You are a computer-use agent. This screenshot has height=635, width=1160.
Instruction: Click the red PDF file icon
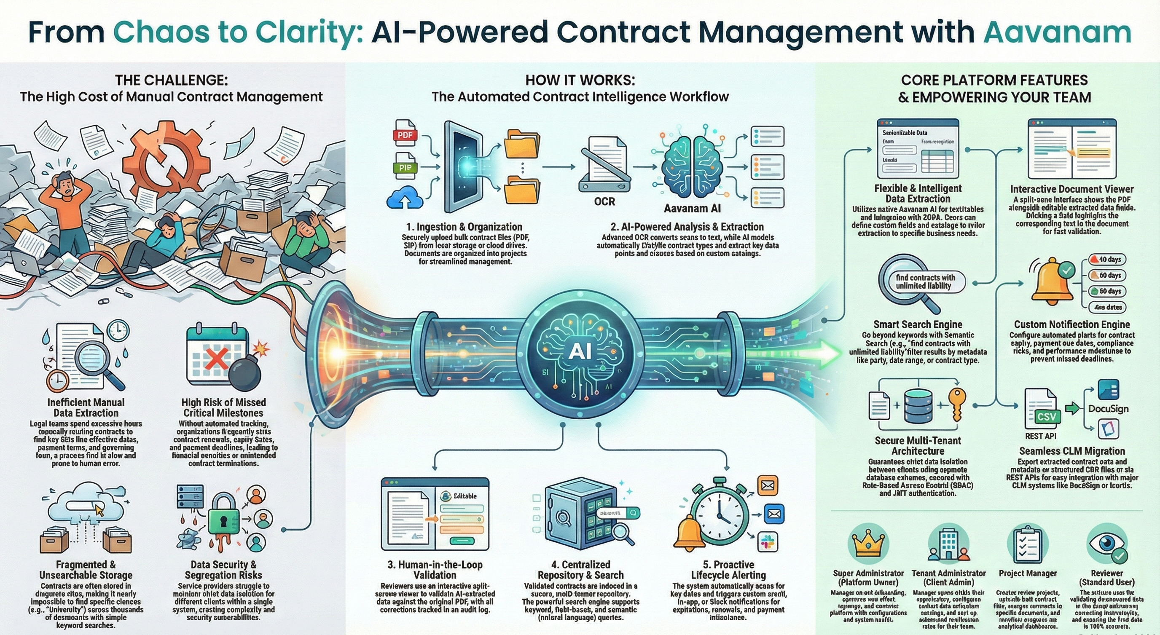pyautogui.click(x=405, y=134)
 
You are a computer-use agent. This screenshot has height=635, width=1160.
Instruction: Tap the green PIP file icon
pyautogui.click(x=405, y=167)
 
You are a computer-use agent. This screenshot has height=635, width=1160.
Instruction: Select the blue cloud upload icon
pyautogui.click(x=405, y=198)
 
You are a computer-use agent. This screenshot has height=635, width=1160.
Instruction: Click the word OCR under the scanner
pyautogui.click(x=604, y=201)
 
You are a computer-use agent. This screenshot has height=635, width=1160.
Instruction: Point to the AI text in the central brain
pyautogui.click(x=580, y=351)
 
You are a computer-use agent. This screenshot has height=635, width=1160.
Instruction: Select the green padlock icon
pyautogui.click(x=223, y=521)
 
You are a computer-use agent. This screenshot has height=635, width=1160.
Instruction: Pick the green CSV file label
pyautogui.click(x=1046, y=416)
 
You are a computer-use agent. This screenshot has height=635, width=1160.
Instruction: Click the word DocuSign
pyautogui.click(x=1108, y=409)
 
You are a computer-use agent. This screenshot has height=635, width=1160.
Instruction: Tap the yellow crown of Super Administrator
pyautogui.click(x=869, y=544)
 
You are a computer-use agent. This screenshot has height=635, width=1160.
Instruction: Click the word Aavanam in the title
pyautogui.click(x=1057, y=32)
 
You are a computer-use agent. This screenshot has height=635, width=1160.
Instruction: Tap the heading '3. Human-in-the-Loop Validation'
pyautogui.click(x=435, y=570)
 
